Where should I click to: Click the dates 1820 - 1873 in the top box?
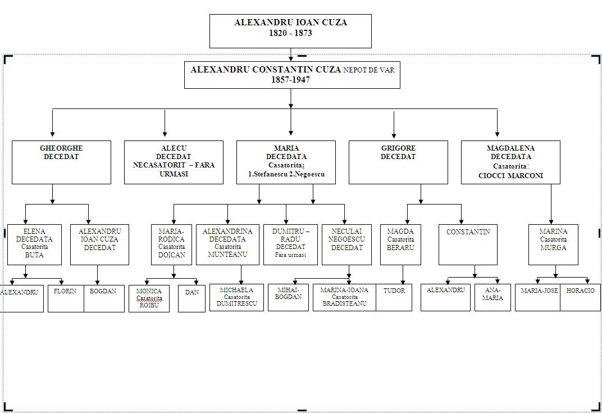tap(290, 33)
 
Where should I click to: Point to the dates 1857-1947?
tap(290, 80)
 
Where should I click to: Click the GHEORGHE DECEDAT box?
tap(61, 162)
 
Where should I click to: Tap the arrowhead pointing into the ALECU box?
tap(165, 134)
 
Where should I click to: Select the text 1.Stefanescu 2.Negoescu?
tap(286, 174)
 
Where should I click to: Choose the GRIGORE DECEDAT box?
tap(398, 162)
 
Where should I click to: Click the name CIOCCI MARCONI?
tap(510, 175)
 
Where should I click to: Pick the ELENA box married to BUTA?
tap(34, 244)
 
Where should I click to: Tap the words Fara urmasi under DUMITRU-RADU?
tap(290, 255)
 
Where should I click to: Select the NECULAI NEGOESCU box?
tap(346, 244)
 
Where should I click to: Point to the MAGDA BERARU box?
tap(400, 244)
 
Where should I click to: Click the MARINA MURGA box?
tap(553, 244)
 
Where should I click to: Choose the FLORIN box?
tap(65, 298)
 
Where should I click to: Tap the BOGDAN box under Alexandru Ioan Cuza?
tap(103, 298)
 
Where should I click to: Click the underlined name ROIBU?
tap(149, 306)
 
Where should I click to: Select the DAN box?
tap(191, 298)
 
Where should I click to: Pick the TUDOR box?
tap(394, 297)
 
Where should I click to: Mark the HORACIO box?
tap(580, 297)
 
